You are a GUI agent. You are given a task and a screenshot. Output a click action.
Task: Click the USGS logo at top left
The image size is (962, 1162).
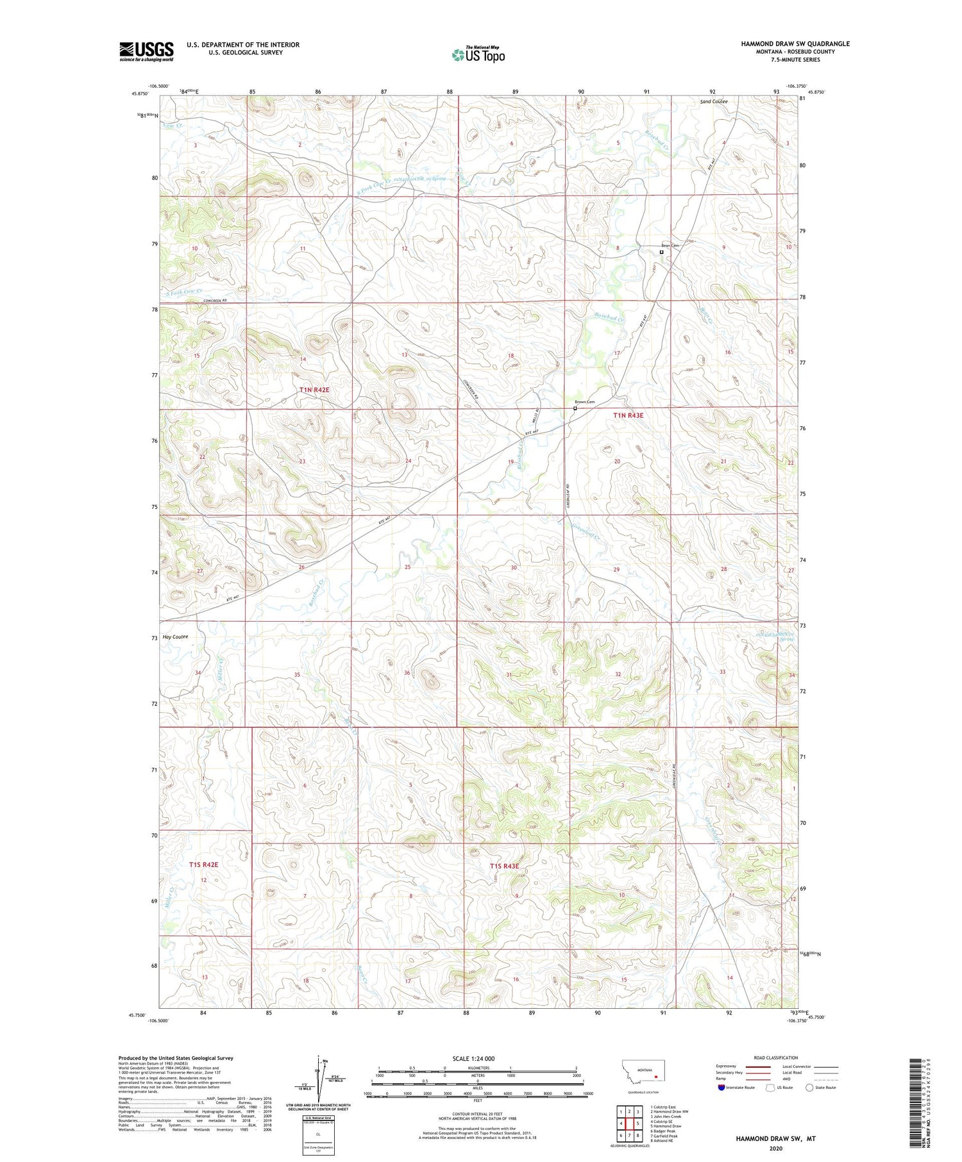coord(146,51)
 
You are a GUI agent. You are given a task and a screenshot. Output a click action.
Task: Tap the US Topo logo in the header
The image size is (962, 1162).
coord(478,55)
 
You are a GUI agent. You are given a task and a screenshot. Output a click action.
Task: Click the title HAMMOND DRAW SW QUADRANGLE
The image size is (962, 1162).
coord(795,44)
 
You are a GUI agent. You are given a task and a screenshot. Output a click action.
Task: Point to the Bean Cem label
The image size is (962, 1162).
coord(670,245)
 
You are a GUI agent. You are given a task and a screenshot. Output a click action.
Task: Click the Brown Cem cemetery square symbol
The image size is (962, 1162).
coord(575,408)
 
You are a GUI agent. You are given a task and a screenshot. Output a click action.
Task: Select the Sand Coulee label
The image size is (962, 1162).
coord(713,102)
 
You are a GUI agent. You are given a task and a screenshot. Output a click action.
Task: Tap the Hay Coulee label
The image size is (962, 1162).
coord(175,637)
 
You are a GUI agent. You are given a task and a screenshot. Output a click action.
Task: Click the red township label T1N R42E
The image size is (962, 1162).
coord(314,390)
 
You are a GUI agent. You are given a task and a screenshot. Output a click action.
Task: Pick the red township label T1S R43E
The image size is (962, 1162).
coord(503,866)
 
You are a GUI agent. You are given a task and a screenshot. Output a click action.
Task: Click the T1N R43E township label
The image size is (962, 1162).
coord(628,415)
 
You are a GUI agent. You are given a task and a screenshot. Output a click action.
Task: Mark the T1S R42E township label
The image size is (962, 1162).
coord(203,865)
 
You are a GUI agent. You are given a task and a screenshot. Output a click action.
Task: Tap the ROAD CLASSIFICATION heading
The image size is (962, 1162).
coord(776,1058)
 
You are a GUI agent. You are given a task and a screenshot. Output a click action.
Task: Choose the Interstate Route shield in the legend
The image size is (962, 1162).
coord(722,1088)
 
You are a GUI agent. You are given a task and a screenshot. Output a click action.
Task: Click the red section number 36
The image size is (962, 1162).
coord(407,673)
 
